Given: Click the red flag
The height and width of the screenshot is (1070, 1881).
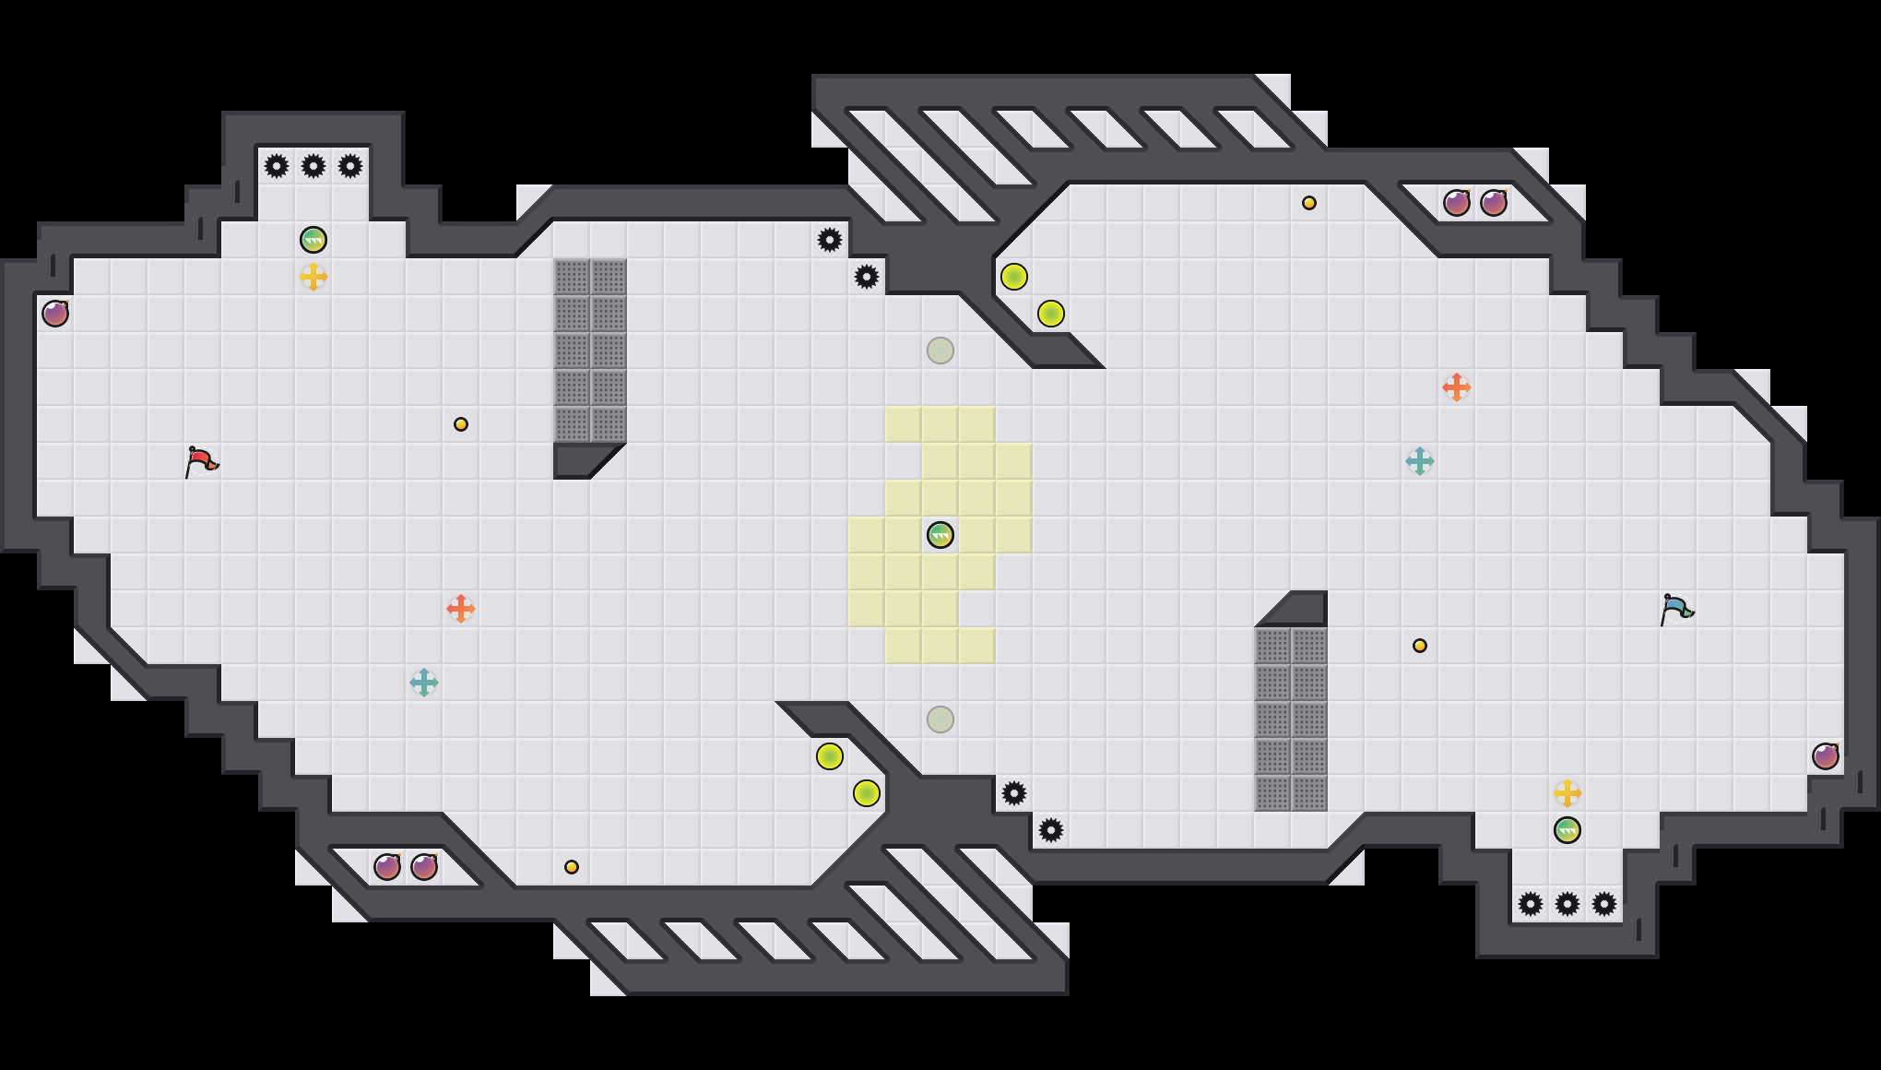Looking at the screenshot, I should tap(201, 461).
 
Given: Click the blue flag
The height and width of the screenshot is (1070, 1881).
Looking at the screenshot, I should tap(1676, 609).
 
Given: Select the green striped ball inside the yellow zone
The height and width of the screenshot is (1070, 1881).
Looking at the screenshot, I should tap(940, 535).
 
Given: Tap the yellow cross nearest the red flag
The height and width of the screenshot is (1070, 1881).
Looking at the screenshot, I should tap(313, 277).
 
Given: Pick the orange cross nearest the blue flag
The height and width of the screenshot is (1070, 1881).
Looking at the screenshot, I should tap(1457, 387).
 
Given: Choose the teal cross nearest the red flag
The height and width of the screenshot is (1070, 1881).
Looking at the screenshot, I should tap(424, 683).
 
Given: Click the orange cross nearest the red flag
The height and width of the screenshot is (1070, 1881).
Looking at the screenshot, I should tap(461, 609).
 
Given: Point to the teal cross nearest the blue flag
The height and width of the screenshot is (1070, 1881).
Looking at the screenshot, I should tap(1420, 461).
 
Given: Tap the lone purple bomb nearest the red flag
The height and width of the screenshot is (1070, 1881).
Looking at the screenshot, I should tap(55, 314).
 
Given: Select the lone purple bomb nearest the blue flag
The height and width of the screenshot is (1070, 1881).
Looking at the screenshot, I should tap(1826, 756).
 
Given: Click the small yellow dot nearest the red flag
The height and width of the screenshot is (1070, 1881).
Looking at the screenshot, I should tap(461, 424).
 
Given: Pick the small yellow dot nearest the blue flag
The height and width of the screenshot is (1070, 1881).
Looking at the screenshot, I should tap(1420, 646).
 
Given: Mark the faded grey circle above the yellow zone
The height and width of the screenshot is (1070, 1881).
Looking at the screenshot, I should tap(940, 351).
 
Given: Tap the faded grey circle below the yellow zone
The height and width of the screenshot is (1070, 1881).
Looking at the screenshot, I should tap(940, 719).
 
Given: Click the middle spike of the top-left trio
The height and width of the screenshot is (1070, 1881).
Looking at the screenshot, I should tap(313, 166).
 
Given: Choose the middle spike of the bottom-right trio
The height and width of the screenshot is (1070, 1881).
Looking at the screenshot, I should tap(1567, 904).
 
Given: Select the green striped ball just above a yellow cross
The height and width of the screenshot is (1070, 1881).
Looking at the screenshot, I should tap(313, 240).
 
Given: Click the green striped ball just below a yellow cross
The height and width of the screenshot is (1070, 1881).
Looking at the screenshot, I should tap(1567, 830).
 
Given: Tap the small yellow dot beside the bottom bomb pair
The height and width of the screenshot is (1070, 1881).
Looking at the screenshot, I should tap(572, 867).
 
